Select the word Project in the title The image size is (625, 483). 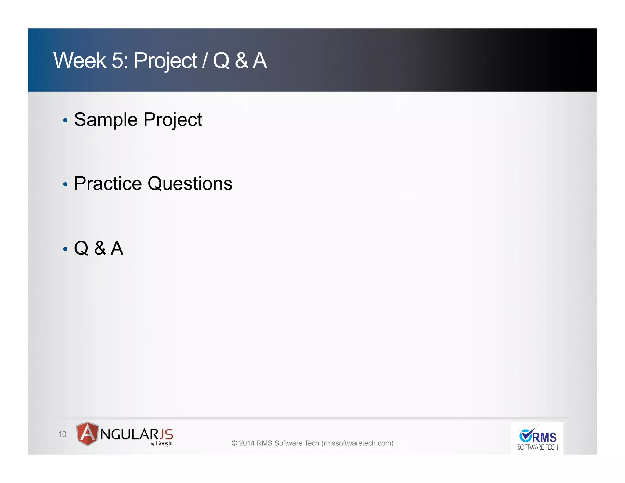coord(165,61)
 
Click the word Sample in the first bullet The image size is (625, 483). coord(106,120)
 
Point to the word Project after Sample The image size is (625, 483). coord(172,120)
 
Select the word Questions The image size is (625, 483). coord(190,184)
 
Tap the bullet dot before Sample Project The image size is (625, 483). coord(65,121)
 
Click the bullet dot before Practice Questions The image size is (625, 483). coord(65,184)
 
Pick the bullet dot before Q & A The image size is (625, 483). coord(65,249)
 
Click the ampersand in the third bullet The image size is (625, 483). coord(100,248)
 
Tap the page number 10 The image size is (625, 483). coord(62,434)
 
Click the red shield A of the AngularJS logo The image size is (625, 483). coord(87,434)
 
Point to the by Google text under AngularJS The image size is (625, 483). coord(162,443)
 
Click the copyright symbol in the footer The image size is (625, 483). coord(234,443)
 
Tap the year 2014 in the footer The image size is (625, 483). coord(247,443)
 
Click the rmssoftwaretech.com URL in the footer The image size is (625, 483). coord(357,443)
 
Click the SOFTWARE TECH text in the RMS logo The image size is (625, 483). coord(537,448)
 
